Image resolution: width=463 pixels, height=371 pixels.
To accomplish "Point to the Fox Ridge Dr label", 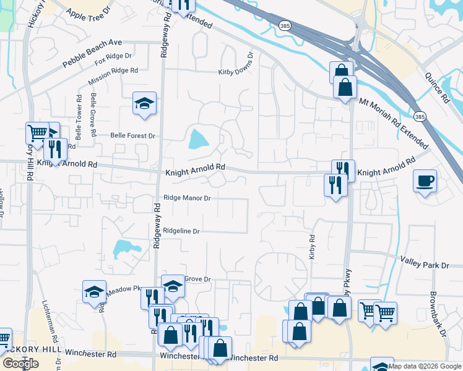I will click(114, 59).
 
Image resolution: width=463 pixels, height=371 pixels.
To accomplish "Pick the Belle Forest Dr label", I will click(132, 135).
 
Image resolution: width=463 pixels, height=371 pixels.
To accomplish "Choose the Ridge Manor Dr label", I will click(188, 198).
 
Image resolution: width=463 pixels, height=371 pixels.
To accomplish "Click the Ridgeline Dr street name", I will click(181, 231).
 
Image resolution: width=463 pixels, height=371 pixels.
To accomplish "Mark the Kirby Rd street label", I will click(313, 246).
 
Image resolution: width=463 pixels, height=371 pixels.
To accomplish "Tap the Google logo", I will click(20, 363).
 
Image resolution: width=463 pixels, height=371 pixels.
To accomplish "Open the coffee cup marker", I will click(425, 181).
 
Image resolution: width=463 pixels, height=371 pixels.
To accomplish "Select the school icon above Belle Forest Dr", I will click(144, 103).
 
